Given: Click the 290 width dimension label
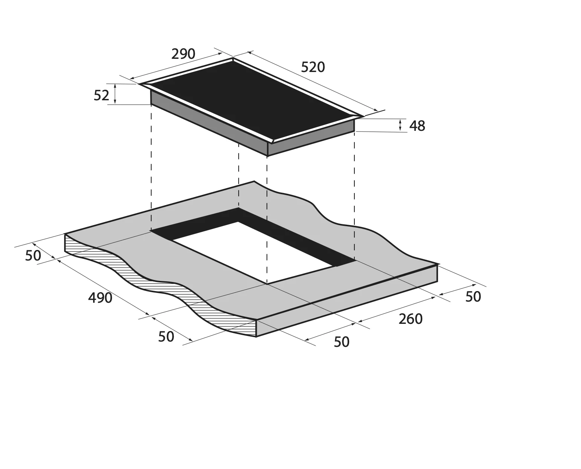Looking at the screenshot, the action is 183,54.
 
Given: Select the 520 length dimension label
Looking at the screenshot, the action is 313,67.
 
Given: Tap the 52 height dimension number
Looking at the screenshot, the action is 101,95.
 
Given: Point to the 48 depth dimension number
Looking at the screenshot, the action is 417,126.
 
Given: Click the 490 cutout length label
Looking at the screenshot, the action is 100,298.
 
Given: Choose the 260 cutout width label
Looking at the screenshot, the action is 411,319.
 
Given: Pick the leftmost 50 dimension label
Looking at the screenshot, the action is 33,256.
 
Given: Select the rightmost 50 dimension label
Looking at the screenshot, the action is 473,297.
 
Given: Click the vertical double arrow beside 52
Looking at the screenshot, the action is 115,94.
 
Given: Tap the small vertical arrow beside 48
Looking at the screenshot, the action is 400,125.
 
